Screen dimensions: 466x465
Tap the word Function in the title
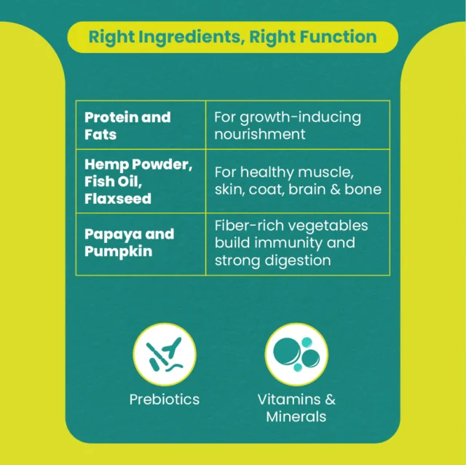338,36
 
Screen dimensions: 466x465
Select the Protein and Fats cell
141,125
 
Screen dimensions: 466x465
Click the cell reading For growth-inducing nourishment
298,125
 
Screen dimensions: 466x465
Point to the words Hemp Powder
138,164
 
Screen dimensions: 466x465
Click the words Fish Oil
114,181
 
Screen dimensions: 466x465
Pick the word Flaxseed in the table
118,199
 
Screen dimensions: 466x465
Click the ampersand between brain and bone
335,189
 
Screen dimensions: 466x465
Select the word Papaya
108,235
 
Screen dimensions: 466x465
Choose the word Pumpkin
118,252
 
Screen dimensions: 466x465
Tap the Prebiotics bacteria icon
165,354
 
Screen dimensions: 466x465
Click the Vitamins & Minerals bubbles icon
296,354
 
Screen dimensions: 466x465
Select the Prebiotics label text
165,400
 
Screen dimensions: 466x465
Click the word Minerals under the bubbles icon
296,416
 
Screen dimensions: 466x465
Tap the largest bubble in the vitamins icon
286,351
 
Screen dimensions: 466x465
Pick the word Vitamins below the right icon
289,400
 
